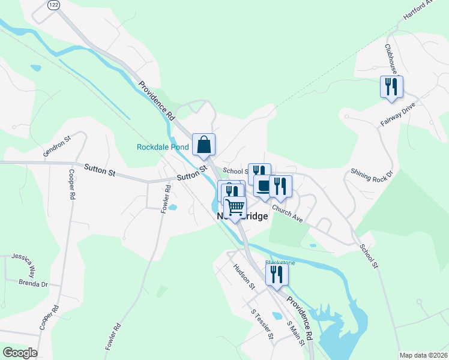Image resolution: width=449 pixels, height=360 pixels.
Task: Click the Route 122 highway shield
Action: tap(53, 4)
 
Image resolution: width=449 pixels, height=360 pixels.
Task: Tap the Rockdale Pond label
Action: tap(163, 146)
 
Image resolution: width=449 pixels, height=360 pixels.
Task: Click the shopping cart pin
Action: tap(235, 208)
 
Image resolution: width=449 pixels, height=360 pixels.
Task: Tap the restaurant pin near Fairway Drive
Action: tap(391, 86)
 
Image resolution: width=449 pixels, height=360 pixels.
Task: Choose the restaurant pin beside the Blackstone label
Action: tap(277, 274)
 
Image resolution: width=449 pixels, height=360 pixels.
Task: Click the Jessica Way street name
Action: tap(22, 263)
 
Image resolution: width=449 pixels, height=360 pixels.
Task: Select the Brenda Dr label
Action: tap(32, 283)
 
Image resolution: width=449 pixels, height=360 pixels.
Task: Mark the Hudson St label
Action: tap(244, 277)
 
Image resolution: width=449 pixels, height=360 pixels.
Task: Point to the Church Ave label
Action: tap(287, 214)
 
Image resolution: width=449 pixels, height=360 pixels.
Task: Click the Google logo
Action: tap(20, 353)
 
